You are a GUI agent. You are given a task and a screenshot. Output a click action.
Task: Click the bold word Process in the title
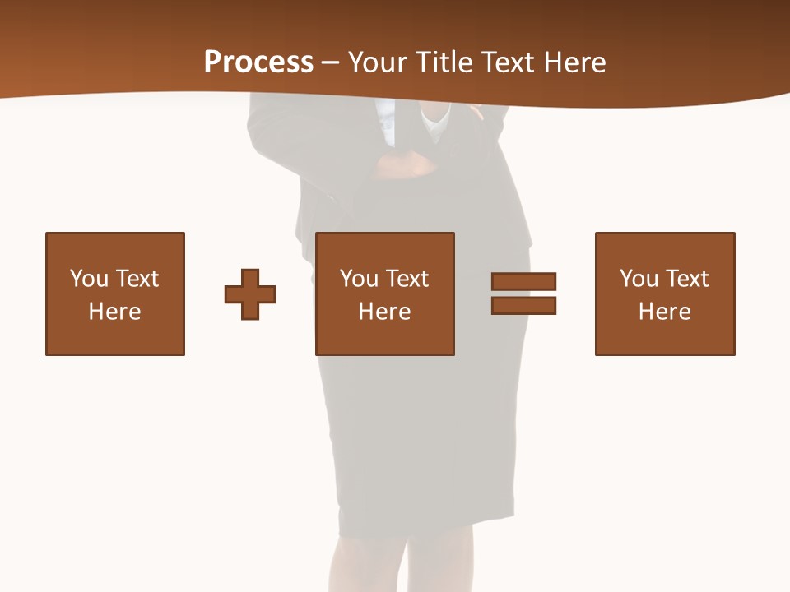[258, 62]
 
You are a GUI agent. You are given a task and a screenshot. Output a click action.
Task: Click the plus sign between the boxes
[250, 294]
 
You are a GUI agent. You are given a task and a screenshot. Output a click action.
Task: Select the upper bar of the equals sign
[523, 281]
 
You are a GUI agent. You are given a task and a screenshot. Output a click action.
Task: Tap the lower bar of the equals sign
[523, 305]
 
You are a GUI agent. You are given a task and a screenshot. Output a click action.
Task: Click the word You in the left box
[89, 279]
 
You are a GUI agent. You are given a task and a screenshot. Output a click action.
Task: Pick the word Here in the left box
[114, 312]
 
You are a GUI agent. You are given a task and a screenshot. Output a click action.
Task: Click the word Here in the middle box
[384, 312]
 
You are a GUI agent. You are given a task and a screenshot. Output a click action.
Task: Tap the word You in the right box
[639, 279]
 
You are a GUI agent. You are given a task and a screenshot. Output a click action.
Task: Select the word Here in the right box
[664, 312]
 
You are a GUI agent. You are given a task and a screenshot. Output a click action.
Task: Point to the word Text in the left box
[137, 279]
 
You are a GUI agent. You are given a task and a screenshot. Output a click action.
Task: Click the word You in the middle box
[359, 279]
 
